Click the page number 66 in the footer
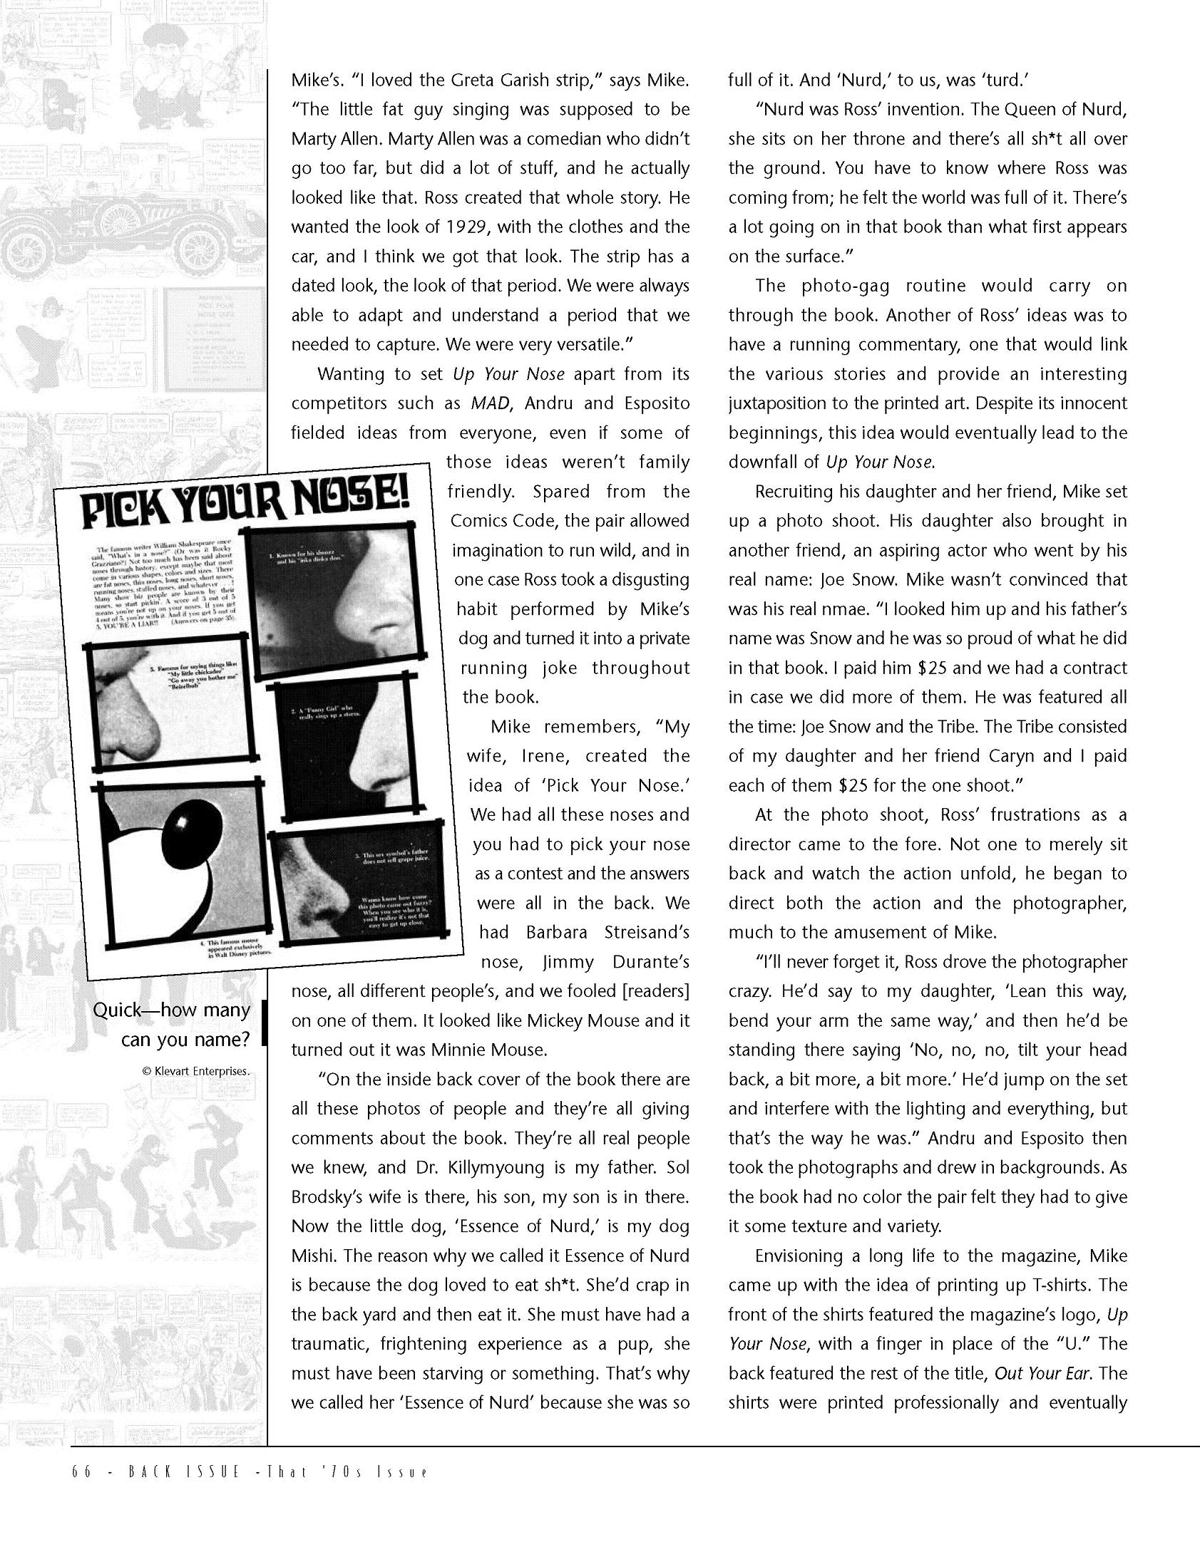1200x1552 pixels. click(x=81, y=1473)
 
